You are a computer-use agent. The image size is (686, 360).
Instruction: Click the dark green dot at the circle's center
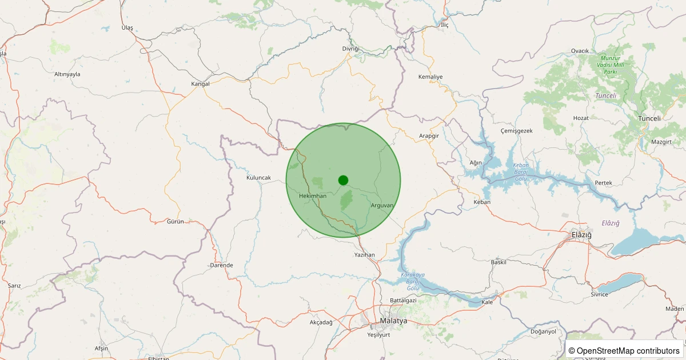click(x=343, y=180)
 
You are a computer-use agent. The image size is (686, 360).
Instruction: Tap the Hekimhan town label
click(x=313, y=196)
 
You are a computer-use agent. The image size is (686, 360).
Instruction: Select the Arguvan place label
click(x=382, y=205)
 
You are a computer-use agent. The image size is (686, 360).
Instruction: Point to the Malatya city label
click(x=394, y=321)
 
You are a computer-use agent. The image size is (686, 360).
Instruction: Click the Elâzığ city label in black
click(x=581, y=235)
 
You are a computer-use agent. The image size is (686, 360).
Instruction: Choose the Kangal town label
click(x=200, y=84)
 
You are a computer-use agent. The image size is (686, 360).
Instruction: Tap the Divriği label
click(x=350, y=49)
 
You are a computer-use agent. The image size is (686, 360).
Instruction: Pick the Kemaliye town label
click(x=430, y=77)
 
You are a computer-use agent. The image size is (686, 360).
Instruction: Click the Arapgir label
click(x=429, y=136)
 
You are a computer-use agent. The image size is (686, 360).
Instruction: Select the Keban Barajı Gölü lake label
click(x=521, y=171)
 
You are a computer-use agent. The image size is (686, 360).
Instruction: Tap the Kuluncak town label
click(x=258, y=178)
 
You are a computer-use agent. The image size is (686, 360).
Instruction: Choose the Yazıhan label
click(x=364, y=254)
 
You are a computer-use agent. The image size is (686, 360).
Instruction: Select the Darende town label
click(x=222, y=265)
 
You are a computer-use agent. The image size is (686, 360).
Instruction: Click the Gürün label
click(x=176, y=221)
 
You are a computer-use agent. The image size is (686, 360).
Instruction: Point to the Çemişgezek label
click(x=516, y=131)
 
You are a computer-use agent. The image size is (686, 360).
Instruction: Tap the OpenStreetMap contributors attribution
click(x=624, y=350)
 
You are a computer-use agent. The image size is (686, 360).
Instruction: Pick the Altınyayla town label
click(x=67, y=74)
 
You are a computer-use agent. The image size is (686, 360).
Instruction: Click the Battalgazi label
click(x=403, y=300)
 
